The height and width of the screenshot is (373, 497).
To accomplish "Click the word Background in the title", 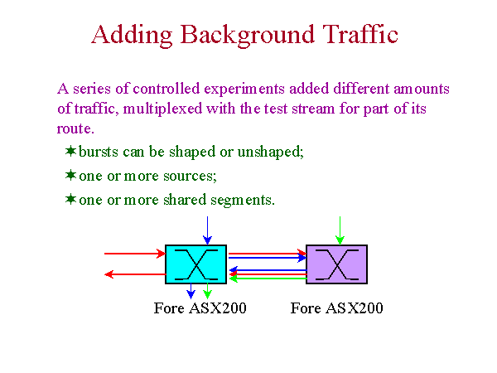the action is [x=248, y=36].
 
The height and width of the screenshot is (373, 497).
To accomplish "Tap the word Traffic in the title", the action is [x=360, y=33].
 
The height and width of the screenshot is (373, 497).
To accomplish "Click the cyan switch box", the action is [x=195, y=264].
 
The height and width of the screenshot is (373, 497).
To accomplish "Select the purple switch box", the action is [x=336, y=264].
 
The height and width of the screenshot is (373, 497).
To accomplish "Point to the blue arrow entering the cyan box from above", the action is [x=207, y=230].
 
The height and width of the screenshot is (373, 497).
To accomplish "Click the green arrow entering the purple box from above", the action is [x=340, y=230].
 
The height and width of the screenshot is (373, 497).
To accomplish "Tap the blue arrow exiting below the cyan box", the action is [x=191, y=291].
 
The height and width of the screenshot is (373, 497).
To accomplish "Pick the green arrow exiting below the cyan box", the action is [x=207, y=291].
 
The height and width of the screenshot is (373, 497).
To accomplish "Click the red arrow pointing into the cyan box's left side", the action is [x=135, y=254].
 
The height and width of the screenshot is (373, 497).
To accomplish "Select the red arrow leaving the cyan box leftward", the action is [x=135, y=274].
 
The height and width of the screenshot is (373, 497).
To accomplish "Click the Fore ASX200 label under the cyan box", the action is [x=200, y=308].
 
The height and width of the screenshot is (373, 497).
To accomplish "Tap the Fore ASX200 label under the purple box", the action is [x=336, y=308].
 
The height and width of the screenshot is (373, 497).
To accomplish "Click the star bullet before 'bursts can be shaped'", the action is [x=70, y=151].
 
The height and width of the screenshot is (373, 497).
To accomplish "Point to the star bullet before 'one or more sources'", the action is [x=70, y=175].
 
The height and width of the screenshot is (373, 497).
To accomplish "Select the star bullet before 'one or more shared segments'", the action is [x=70, y=199].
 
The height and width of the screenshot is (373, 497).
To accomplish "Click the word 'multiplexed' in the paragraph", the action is [x=162, y=109].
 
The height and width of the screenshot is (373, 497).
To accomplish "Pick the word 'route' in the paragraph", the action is [x=75, y=128].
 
